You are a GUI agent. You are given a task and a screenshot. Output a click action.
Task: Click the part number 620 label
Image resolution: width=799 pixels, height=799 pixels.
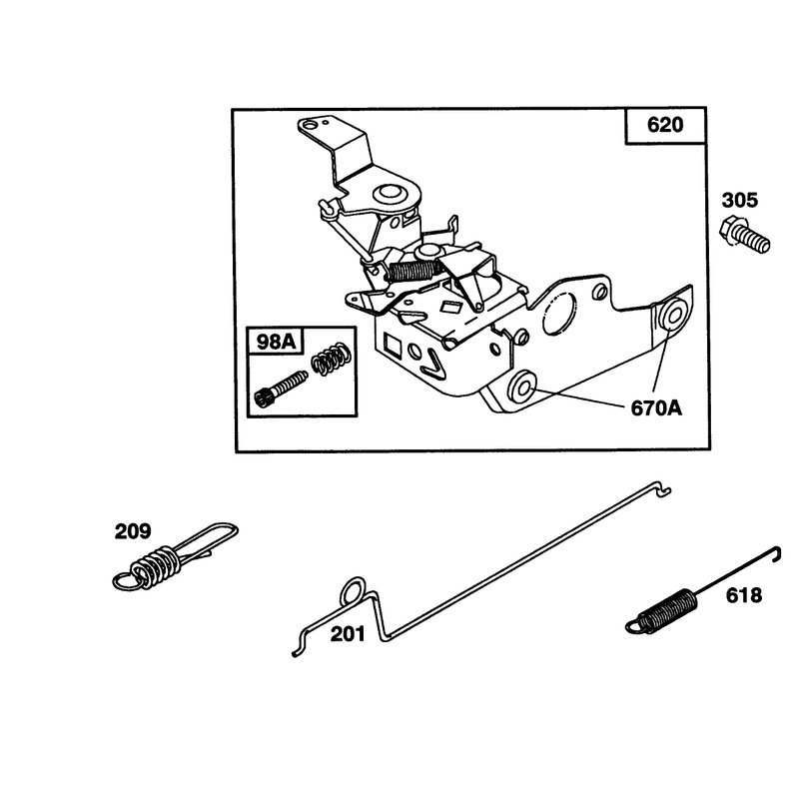click(x=665, y=125)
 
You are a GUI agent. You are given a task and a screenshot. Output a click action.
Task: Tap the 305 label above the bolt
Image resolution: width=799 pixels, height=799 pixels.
click(x=739, y=201)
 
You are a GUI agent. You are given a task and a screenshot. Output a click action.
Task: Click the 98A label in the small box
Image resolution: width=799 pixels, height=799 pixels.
click(x=276, y=342)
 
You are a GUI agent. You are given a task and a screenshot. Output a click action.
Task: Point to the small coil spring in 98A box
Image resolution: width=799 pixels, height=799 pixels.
click(x=331, y=360)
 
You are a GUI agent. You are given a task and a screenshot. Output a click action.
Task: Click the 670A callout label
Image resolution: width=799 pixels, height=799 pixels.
click(x=656, y=408)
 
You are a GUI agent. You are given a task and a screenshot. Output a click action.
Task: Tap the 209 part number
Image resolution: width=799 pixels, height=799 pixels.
click(x=133, y=531)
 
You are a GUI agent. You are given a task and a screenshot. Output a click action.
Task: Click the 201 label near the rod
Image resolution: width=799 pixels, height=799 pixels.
click(x=348, y=634)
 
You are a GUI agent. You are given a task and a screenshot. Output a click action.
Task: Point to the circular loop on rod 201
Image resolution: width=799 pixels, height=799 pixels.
click(x=353, y=591)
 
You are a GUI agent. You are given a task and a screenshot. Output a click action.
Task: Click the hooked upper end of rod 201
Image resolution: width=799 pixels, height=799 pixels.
click(x=662, y=488)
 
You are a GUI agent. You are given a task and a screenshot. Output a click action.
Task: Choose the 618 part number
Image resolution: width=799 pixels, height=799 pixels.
click(x=743, y=595)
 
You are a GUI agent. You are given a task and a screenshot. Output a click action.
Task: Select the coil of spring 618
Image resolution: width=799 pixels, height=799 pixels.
click(x=668, y=609)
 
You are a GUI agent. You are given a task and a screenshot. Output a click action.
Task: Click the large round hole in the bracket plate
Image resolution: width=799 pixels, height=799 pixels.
click(x=558, y=313)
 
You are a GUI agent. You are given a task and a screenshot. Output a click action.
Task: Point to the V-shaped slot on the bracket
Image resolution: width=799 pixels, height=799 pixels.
click(x=433, y=363)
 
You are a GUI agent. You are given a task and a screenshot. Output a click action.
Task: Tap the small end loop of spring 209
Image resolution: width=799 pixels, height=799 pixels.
click(x=126, y=581)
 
